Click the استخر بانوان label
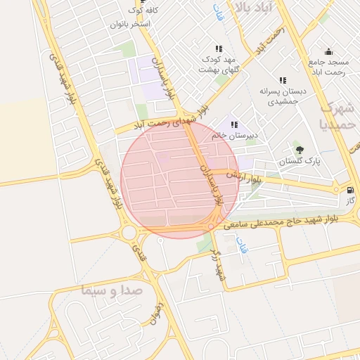tap(130, 24)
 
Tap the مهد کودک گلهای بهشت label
tap(219, 65)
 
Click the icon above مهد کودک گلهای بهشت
tap(219, 49)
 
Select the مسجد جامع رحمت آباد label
tap(328, 66)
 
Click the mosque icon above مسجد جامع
tap(328, 51)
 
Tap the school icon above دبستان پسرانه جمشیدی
tap(283, 80)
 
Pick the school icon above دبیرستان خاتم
tap(234, 124)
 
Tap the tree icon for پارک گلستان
tap(300, 149)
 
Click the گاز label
tap(349, 201)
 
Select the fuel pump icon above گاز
tap(350, 189)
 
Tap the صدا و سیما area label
tap(112, 289)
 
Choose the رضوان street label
tap(156, 314)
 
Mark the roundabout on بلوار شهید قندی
tap(129, 232)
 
